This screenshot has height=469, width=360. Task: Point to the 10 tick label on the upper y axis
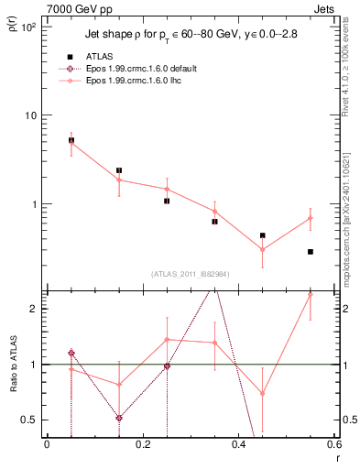pos(29,115)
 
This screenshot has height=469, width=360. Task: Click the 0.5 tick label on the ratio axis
pos(29,420)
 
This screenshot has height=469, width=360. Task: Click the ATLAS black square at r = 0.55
pos(311,252)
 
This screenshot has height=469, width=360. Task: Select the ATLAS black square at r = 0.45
pos(263,235)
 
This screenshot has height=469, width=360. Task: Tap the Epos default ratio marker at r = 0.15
pos(119,418)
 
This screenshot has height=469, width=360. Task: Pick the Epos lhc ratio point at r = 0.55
pos(311,295)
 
